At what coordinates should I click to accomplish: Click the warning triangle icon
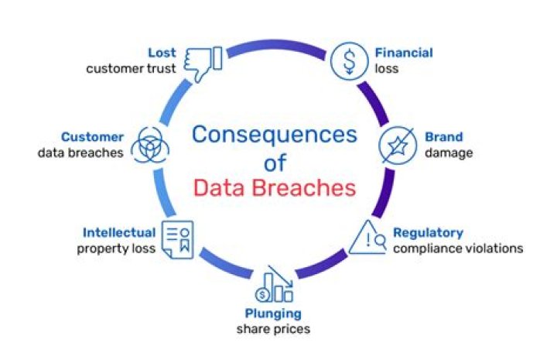click(367, 239)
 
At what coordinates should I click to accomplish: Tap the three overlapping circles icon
click(147, 145)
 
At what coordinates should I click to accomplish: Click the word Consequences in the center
click(275, 135)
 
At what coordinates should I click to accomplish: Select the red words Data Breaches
click(275, 188)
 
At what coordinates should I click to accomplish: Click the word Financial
click(404, 53)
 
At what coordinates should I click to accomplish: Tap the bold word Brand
click(444, 138)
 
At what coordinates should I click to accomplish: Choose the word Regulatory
click(428, 232)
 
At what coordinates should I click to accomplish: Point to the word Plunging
click(273, 314)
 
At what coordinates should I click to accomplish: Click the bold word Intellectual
click(119, 232)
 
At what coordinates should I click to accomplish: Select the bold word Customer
click(93, 137)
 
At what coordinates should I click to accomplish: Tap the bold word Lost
click(162, 53)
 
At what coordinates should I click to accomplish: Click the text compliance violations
click(458, 249)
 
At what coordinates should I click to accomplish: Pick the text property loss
click(116, 249)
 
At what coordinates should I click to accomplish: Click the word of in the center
click(275, 163)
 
